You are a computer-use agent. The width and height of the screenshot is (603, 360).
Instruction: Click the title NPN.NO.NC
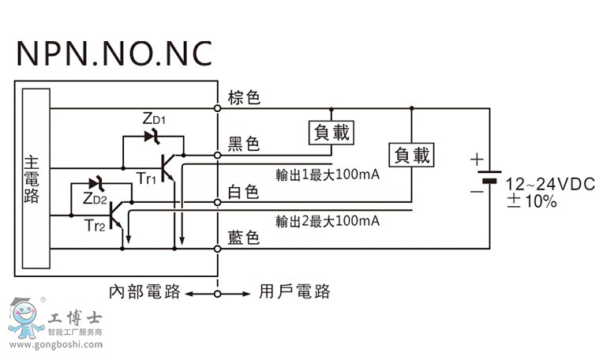(x=114, y=53)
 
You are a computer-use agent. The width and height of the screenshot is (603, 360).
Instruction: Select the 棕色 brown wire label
(x=244, y=98)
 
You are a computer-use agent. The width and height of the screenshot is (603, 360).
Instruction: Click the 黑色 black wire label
(x=244, y=144)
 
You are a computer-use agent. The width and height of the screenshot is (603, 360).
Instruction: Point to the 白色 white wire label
(x=244, y=192)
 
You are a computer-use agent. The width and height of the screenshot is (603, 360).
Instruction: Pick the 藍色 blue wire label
(x=244, y=238)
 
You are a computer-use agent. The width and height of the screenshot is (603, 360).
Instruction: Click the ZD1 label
(x=155, y=119)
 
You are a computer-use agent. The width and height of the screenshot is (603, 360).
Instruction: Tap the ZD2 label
(x=93, y=199)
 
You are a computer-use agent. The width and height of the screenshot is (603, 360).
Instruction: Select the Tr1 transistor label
(x=146, y=179)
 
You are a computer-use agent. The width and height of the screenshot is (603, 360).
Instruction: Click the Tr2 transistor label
(x=94, y=226)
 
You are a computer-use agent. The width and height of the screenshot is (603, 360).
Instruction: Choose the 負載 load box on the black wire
(x=331, y=132)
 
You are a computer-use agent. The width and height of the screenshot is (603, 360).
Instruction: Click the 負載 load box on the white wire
(x=412, y=155)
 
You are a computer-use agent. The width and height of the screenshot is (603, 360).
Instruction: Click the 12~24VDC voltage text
(x=549, y=184)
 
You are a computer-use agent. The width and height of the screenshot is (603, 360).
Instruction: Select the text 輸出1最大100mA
(x=328, y=174)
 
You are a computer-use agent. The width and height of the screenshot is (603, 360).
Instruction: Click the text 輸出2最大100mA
(x=328, y=220)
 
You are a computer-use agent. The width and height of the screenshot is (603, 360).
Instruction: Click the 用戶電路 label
(x=294, y=292)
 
